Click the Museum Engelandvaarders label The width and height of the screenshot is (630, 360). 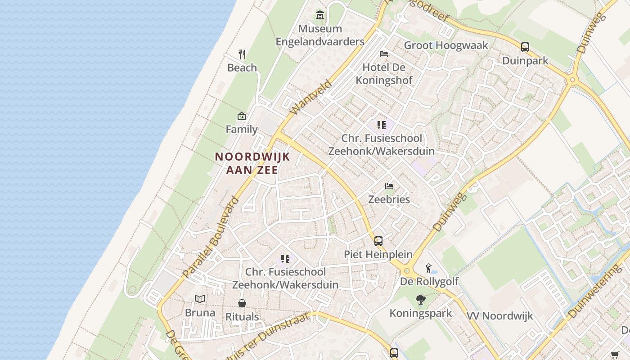click(x=320, y=35)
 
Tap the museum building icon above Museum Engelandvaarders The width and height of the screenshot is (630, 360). click(x=320, y=15)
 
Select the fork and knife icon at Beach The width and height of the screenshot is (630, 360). click(x=242, y=54)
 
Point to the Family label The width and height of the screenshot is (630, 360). click(x=242, y=129)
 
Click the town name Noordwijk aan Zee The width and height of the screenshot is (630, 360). click(x=252, y=163)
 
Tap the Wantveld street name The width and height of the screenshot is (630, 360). click(x=311, y=97)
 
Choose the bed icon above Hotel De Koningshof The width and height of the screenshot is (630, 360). click(x=384, y=54)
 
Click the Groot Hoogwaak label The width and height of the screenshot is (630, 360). click(x=446, y=45)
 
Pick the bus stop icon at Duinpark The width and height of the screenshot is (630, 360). click(x=525, y=47)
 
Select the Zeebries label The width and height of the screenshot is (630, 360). click(x=389, y=199)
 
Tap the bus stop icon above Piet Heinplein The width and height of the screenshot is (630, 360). click(x=378, y=241)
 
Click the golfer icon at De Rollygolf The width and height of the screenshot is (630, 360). click(x=429, y=269)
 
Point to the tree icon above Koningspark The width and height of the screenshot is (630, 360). click(x=421, y=300)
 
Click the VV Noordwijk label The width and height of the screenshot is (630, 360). click(x=499, y=316)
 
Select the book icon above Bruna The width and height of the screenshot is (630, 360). click(x=200, y=299)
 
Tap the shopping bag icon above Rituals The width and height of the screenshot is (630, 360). click(x=242, y=303)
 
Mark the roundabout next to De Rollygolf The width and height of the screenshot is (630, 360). click(x=407, y=271)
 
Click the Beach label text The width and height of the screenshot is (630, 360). click(x=242, y=67)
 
